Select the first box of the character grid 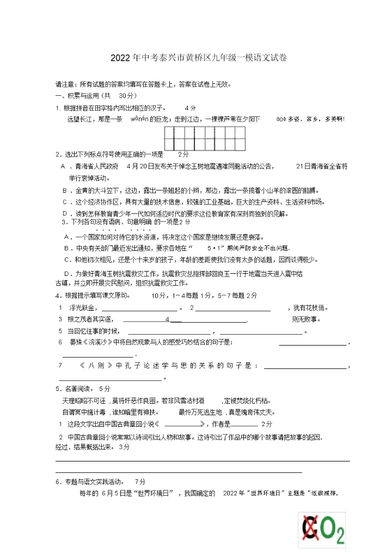[169, 138]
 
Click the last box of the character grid [241, 138]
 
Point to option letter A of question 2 [63, 166]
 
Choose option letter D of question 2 [64, 213]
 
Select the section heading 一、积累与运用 [75, 96]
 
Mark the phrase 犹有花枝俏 [310, 308]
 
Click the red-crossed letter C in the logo [310, 528]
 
